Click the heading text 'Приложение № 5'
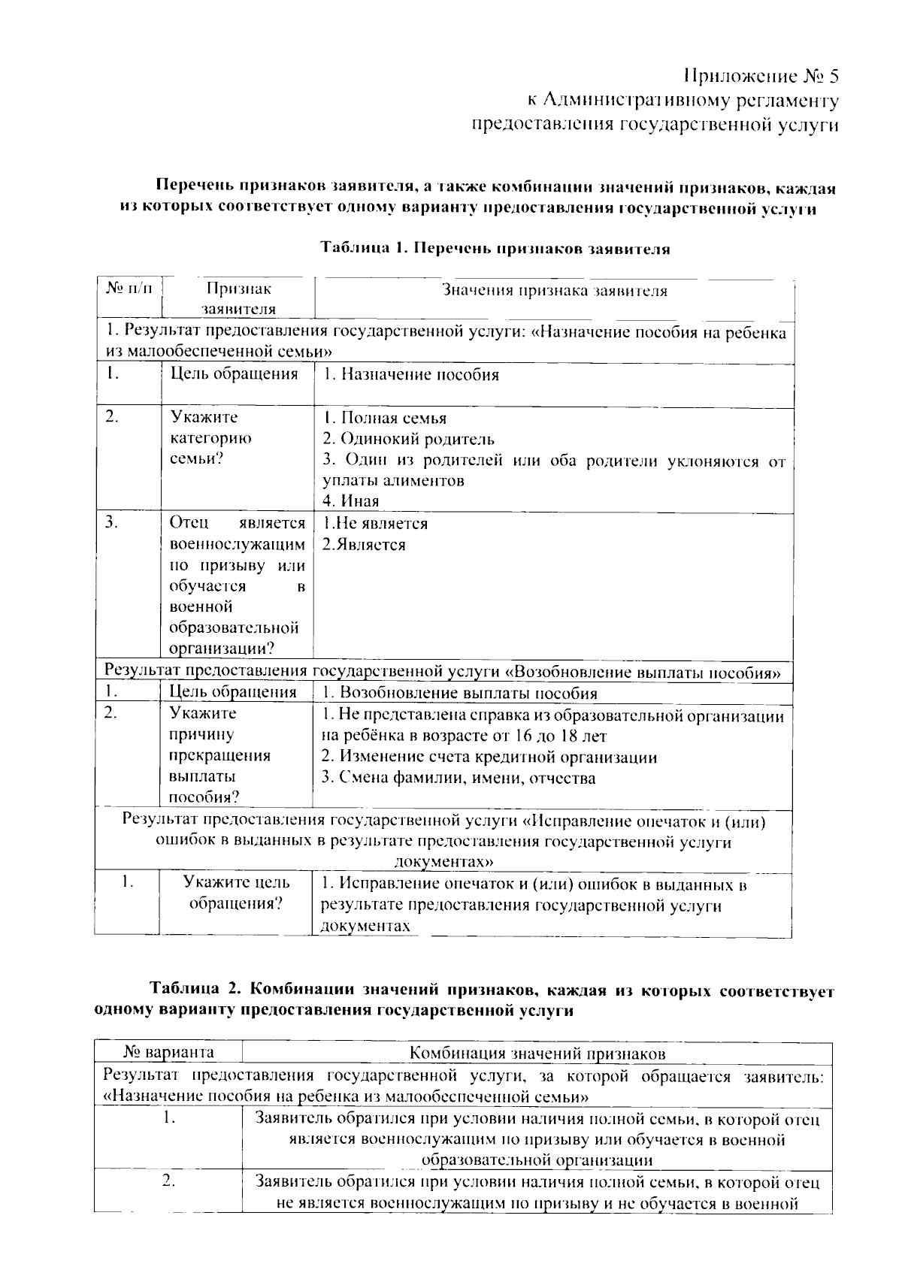click(760, 77)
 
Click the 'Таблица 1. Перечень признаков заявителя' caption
click(495, 249)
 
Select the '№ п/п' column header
click(129, 289)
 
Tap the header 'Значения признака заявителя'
click(554, 291)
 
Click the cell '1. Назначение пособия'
click(410, 374)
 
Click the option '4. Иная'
click(351, 501)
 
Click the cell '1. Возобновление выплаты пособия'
click(459, 693)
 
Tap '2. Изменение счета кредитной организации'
click(489, 757)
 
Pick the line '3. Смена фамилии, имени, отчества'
click(459, 778)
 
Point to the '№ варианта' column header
click(168, 1052)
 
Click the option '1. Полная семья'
click(385, 419)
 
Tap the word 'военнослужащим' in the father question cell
click(238, 545)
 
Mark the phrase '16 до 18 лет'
click(555, 736)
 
